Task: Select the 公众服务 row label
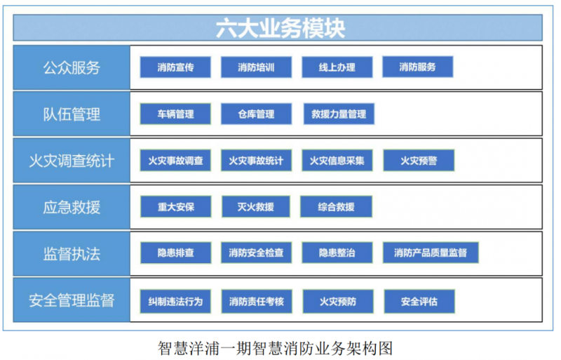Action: tap(72, 67)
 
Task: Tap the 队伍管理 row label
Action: tap(72, 114)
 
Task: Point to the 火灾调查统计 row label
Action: tap(72, 161)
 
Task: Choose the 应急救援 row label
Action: tap(72, 207)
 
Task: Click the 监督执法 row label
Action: tap(72, 253)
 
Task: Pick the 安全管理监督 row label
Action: tap(72, 300)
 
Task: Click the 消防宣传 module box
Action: tap(175, 67)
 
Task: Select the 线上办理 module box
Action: tap(337, 67)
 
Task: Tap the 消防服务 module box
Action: tap(418, 67)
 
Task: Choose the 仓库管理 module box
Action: tap(256, 114)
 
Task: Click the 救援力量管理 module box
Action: tap(339, 114)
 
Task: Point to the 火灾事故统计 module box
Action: tap(256, 161)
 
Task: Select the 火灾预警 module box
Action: tap(419, 161)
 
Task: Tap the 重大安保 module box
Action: tap(175, 207)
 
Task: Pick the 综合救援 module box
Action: tap(336, 207)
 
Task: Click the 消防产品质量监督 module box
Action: tap(431, 253)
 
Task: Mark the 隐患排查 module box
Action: tap(175, 253)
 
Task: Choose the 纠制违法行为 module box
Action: tap(175, 302)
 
